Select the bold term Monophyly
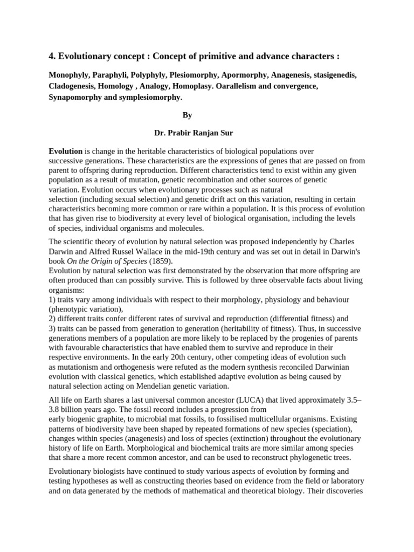68,75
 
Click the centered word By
187,115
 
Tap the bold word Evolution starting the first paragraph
65,151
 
